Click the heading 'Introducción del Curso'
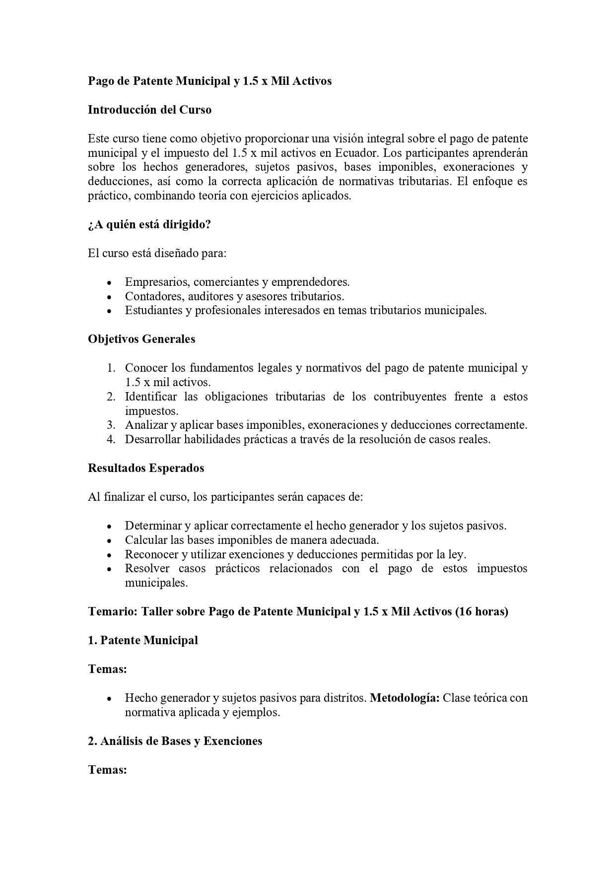click(x=149, y=110)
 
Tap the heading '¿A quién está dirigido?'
click(x=149, y=224)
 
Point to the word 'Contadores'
click(x=151, y=296)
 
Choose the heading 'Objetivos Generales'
click(x=141, y=339)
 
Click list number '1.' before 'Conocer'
click(x=111, y=368)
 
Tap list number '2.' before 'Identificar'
click(x=111, y=397)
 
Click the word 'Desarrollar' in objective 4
click(x=153, y=440)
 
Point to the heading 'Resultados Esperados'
click(x=146, y=468)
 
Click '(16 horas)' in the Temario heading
click(x=481, y=611)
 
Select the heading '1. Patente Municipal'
click(x=143, y=640)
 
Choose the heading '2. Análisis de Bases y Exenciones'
click(x=175, y=741)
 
